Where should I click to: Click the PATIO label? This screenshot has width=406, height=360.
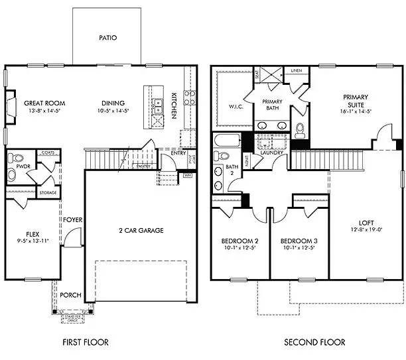tap(107, 38)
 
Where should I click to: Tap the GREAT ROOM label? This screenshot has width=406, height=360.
tap(44, 103)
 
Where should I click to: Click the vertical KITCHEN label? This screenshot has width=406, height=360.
tap(174, 105)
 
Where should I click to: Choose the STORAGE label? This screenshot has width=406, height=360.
tap(47, 194)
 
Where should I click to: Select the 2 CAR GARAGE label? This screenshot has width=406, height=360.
tap(141, 231)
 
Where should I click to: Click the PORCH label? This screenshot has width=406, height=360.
tap(70, 295)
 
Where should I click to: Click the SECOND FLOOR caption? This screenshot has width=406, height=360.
tap(314, 343)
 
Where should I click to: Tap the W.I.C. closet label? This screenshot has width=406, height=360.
tap(236, 106)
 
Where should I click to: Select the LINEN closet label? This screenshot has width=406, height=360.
tap(296, 70)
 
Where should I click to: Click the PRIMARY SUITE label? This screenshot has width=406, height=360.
tap(356, 100)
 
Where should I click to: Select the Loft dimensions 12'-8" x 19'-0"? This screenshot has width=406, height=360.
tap(366, 229)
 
